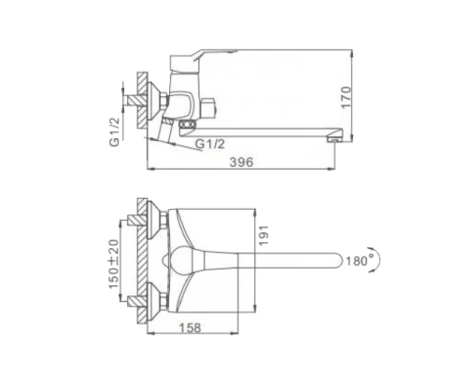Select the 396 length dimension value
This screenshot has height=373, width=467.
pos(244,161)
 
